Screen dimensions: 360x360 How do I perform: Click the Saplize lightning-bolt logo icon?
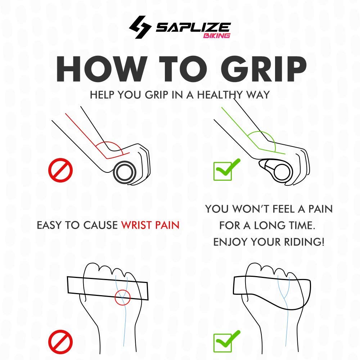click(140, 27)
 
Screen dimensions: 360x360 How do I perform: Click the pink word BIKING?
click(216, 36)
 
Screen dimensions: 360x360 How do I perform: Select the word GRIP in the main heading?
click(264, 69)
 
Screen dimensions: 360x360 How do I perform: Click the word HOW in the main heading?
click(102, 69)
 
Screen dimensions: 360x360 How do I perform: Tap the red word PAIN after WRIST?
click(167, 225)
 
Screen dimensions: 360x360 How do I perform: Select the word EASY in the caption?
click(50, 225)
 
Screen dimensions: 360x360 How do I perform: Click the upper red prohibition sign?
click(60, 170)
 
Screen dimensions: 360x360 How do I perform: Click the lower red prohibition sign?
click(60, 342)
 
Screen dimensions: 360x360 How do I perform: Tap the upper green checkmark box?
click(226, 170)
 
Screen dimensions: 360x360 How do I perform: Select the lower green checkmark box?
click(226, 341)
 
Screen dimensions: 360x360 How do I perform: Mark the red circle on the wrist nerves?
click(123, 297)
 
